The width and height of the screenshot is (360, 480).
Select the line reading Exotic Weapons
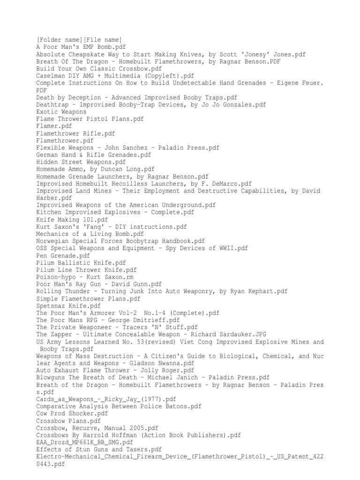click(x=61, y=112)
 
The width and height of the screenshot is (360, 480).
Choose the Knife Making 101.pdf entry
click(x=72, y=220)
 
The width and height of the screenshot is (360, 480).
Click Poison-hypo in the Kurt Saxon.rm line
click(x=56, y=277)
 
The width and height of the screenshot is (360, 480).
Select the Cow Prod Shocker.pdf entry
click(x=72, y=414)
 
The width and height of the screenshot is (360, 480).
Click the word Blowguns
click(x=52, y=378)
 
